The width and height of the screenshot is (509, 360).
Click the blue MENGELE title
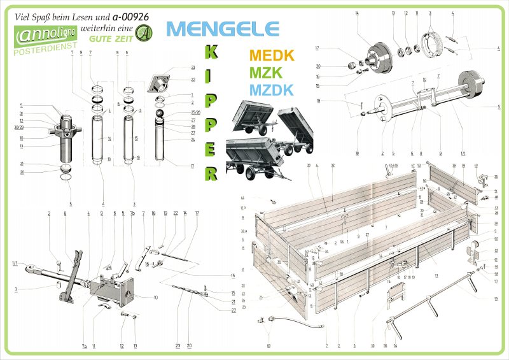point(222,29)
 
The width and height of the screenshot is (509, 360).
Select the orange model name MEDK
point(272,55)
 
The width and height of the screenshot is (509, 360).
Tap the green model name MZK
point(267,73)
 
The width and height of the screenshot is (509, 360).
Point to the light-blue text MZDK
point(272,90)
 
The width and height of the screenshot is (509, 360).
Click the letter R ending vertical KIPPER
point(212,173)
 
